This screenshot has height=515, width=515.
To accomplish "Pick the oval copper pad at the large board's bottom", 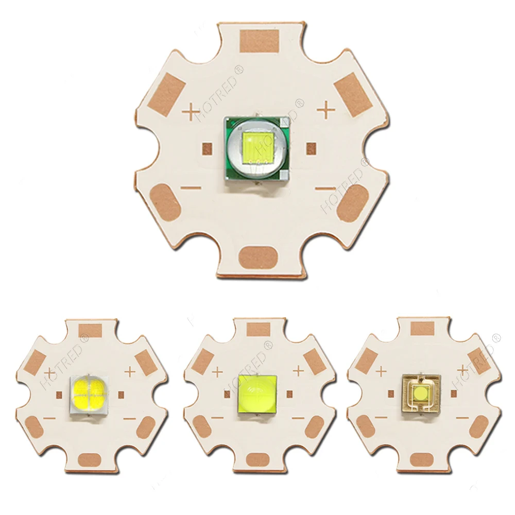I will (260, 256).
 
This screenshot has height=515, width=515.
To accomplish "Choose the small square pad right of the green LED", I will (311, 148).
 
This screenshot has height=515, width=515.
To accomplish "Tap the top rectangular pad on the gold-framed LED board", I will (422, 328).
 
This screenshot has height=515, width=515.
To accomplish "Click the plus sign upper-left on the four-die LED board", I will (50, 372).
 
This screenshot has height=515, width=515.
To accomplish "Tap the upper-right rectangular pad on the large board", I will (353, 94).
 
